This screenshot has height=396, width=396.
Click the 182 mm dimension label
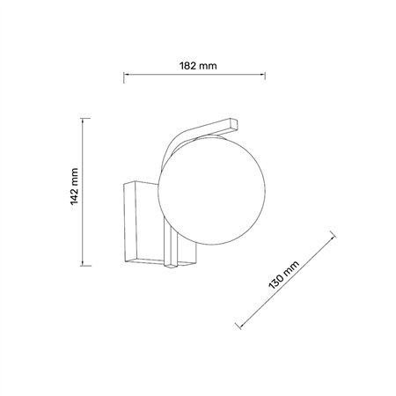[198, 66]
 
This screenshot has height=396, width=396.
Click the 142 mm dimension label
[75, 187]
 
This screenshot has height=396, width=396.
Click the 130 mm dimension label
[283, 275]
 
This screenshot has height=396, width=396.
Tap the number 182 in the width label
[187, 66]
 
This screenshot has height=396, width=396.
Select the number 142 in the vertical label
[75, 197]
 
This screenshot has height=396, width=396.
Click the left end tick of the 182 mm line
[124, 77]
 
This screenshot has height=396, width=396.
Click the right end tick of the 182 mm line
[265, 75]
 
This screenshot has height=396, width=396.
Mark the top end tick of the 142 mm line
[85, 119]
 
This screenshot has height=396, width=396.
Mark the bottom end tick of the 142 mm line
[85, 266]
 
